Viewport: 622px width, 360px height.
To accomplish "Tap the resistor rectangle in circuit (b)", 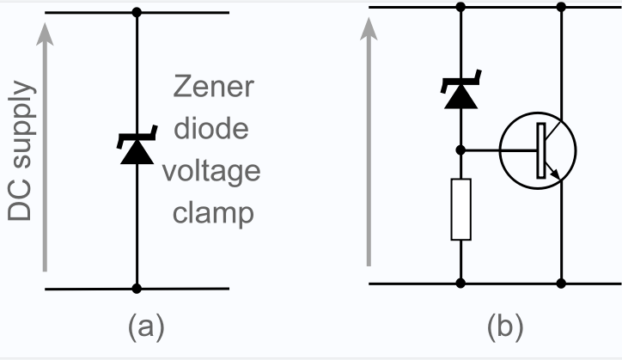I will (x=461, y=209).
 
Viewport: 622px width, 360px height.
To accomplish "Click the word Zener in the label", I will (x=211, y=88).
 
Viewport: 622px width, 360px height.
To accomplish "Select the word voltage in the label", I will (x=211, y=171).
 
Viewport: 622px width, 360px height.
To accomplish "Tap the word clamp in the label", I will (x=211, y=212).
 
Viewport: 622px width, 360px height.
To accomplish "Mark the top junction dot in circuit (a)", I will (x=137, y=13).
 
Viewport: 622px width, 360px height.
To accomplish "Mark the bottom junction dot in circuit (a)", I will (x=137, y=289).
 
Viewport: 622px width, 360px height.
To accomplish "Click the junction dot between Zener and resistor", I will (x=461, y=149).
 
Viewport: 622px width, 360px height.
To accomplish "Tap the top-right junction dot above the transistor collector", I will (x=562, y=8).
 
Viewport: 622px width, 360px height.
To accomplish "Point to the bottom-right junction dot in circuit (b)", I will (x=562, y=283).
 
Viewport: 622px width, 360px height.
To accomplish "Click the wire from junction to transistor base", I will (x=481, y=149).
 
